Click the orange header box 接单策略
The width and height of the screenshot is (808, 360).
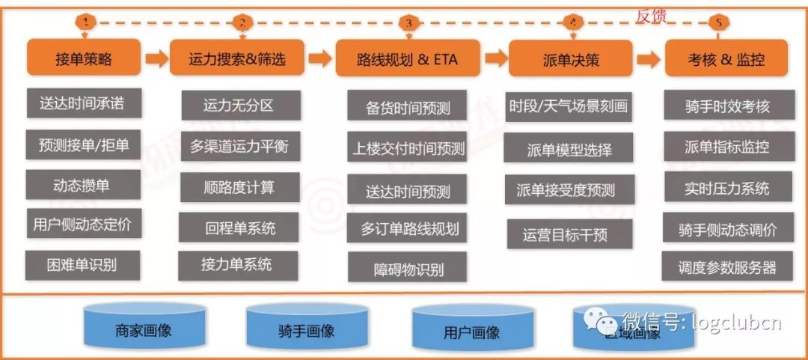83,58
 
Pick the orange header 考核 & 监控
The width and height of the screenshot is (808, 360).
726,58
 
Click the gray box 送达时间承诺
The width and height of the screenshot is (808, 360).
82,103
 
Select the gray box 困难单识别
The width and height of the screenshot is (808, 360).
82,263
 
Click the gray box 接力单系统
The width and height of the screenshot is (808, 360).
237,265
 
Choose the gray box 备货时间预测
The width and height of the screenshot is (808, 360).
407,106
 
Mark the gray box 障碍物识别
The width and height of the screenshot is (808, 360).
407,268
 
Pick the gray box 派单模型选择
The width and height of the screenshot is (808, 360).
569,149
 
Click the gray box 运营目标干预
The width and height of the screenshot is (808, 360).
569,234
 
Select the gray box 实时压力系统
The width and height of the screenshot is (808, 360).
726,187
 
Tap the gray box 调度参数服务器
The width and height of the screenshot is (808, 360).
726,266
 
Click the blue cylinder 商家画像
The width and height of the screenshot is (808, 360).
144,329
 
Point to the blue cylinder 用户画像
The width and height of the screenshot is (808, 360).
471,332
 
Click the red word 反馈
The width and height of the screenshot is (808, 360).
651,14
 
